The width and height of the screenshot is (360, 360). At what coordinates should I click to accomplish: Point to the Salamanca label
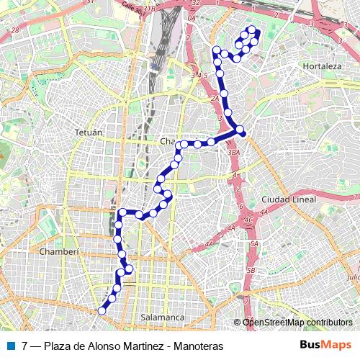pyautogui.click(x=163, y=317)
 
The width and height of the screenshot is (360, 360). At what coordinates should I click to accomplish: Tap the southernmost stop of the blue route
pyautogui.click(x=102, y=311)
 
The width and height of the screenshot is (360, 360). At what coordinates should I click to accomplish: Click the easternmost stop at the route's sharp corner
pyautogui.click(x=241, y=131)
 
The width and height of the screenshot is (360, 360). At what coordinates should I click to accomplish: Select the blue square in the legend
pyautogui.click(x=9, y=346)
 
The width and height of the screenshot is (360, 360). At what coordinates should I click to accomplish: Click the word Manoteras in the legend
pyautogui.click(x=195, y=346)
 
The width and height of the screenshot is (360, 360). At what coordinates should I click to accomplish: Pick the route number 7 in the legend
pyautogui.click(x=25, y=346)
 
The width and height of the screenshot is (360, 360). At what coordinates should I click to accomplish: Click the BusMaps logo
pyautogui.click(x=325, y=346)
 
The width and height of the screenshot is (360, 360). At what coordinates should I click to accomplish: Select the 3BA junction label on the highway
pyautogui.click(x=233, y=153)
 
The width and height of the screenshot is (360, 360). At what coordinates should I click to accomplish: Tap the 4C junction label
pyautogui.click(x=248, y=219)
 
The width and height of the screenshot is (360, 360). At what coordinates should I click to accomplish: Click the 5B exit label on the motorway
pyautogui.click(x=251, y=271)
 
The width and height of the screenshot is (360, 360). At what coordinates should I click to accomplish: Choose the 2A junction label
pyautogui.click(x=214, y=99)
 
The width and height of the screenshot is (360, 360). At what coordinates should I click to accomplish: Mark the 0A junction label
pyautogui.click(x=191, y=19)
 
